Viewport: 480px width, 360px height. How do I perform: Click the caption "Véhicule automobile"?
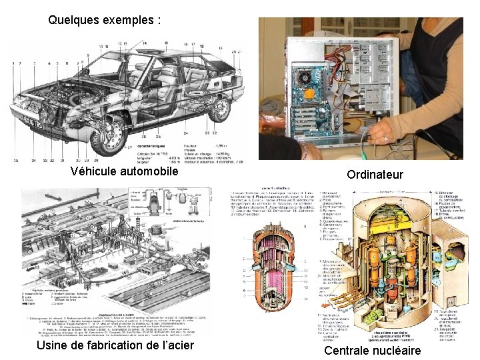click(x=125, y=172)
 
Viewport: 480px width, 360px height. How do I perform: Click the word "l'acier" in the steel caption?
click(x=173, y=345)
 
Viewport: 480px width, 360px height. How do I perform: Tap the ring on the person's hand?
click(x=385, y=139)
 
